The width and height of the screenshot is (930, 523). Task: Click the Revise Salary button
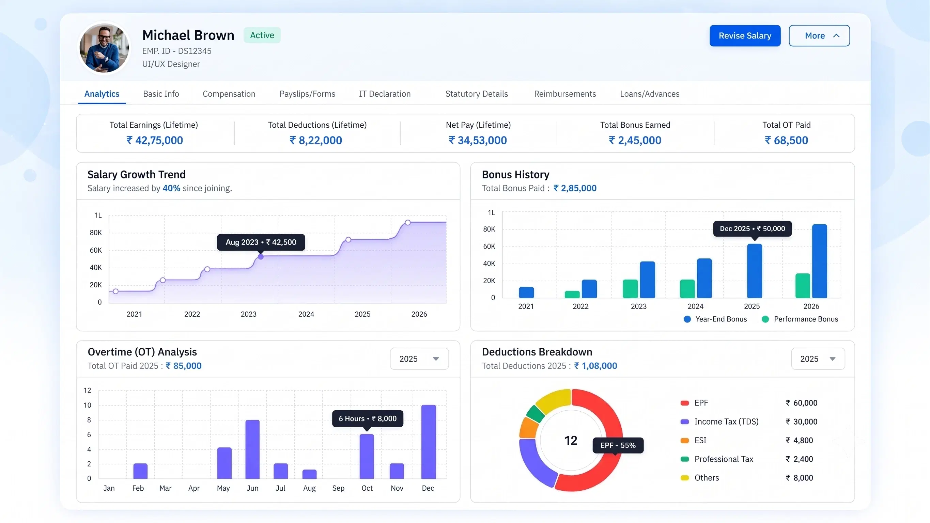(x=745, y=36)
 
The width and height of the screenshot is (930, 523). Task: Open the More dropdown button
(x=819, y=36)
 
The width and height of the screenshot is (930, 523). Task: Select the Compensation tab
(x=229, y=94)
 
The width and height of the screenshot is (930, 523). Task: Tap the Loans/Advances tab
(x=650, y=94)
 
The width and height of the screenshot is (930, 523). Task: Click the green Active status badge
(x=262, y=35)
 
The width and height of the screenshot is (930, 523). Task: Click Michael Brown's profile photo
(x=104, y=48)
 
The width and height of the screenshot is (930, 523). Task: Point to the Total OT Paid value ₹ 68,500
(x=786, y=140)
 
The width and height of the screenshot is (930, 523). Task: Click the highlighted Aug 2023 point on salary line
(x=261, y=257)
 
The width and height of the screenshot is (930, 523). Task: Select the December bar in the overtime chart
(x=429, y=442)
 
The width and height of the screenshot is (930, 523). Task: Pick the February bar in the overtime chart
(x=140, y=471)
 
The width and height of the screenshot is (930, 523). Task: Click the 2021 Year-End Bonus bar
(x=526, y=292)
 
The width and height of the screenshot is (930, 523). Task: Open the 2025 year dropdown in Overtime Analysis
(x=419, y=359)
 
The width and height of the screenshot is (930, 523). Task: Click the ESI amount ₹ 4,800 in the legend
(x=799, y=440)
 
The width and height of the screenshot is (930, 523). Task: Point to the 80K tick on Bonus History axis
(x=489, y=229)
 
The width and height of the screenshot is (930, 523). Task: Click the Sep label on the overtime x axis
(x=338, y=488)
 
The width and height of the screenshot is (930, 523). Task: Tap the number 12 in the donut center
(x=571, y=440)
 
